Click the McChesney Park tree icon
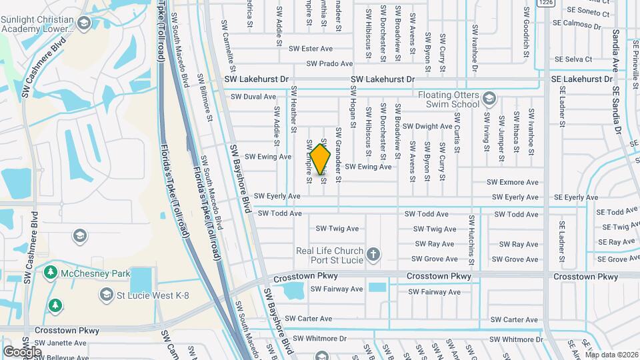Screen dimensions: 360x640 pyautogui.click(x=50, y=273)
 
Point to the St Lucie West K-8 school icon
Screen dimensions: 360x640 pyautogui.click(x=105, y=294)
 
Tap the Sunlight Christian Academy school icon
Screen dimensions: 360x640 pyautogui.click(x=83, y=24)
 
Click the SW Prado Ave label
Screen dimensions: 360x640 pyautogui.click(x=329, y=64)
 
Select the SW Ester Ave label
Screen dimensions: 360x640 pyautogui.click(x=311, y=49)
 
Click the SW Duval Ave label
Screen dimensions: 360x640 pyautogui.click(x=253, y=97)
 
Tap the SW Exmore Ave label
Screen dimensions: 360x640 pyautogui.click(x=512, y=182)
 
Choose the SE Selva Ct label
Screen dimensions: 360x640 pyautogui.click(x=571, y=59)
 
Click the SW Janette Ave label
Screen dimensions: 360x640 pyautogui.click(x=61, y=343)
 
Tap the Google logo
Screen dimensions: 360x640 pyautogui.click(x=22, y=351)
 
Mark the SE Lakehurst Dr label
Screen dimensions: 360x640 pyautogui.click(x=581, y=79)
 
